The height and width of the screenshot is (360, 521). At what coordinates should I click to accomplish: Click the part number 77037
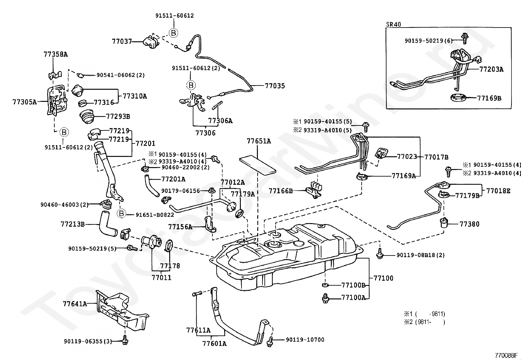[122, 42]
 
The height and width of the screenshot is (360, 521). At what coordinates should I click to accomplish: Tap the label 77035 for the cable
[275, 86]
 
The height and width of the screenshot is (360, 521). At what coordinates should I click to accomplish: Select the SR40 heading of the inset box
[394, 24]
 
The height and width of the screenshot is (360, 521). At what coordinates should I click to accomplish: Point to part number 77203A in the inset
[492, 69]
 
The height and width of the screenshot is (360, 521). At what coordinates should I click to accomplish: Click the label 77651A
[259, 141]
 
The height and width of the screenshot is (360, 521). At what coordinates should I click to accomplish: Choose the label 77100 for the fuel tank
[383, 278]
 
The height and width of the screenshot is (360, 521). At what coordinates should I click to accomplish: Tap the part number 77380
[469, 224]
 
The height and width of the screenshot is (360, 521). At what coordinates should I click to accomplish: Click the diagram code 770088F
[506, 355]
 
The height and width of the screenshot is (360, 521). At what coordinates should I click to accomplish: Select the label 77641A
[75, 304]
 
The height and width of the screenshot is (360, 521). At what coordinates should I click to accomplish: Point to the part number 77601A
[214, 344]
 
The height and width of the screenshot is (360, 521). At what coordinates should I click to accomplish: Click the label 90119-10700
[305, 340]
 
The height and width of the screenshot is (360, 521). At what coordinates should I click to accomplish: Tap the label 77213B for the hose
[73, 224]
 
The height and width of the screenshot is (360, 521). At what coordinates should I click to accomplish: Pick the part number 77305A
[25, 102]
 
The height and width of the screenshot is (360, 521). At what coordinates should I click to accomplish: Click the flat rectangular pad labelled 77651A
[258, 166]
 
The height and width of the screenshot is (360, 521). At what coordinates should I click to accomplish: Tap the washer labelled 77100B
[325, 285]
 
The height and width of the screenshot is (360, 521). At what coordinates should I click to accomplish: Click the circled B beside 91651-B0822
[121, 213]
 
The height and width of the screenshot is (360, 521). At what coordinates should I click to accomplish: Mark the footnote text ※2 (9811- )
[424, 322]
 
